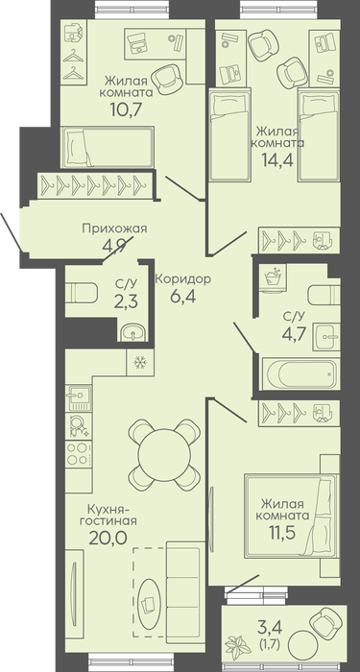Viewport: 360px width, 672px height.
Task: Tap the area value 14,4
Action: pyautogui.click(x=277, y=159)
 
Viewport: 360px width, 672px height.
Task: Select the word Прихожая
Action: pyautogui.click(x=114, y=228)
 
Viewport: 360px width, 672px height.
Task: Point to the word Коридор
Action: pyautogui.click(x=182, y=279)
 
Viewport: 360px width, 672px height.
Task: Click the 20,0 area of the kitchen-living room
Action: pyautogui.click(x=108, y=538)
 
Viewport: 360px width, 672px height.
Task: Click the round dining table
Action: pyautogui.click(x=164, y=455)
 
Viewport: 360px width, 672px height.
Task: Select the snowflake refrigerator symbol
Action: pyautogui.click(x=140, y=363)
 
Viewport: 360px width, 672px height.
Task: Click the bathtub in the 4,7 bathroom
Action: pyautogui.click(x=300, y=373)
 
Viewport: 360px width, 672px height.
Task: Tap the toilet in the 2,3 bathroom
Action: pyautogui.click(x=82, y=294)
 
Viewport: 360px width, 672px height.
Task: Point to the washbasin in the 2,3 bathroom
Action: pyautogui.click(x=132, y=332)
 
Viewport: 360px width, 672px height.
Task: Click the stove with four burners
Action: pyautogui.click(x=79, y=453)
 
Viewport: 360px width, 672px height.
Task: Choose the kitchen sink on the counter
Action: pyautogui.click(x=79, y=397)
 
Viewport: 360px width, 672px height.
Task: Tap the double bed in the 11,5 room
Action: pyautogui.click(x=292, y=516)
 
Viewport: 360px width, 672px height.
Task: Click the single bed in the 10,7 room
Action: pyautogui.click(x=108, y=147)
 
